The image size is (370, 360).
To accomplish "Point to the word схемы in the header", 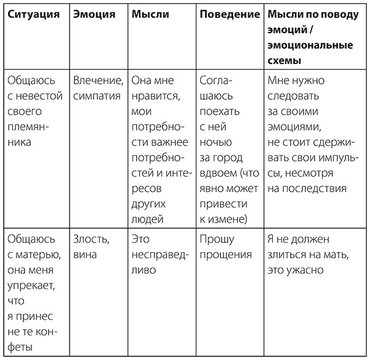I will tap(286, 62).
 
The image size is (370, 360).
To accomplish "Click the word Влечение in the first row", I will tap(95, 81).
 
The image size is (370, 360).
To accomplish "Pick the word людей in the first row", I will tap(147, 219).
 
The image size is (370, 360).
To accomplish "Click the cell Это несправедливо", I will tap(155, 254).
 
